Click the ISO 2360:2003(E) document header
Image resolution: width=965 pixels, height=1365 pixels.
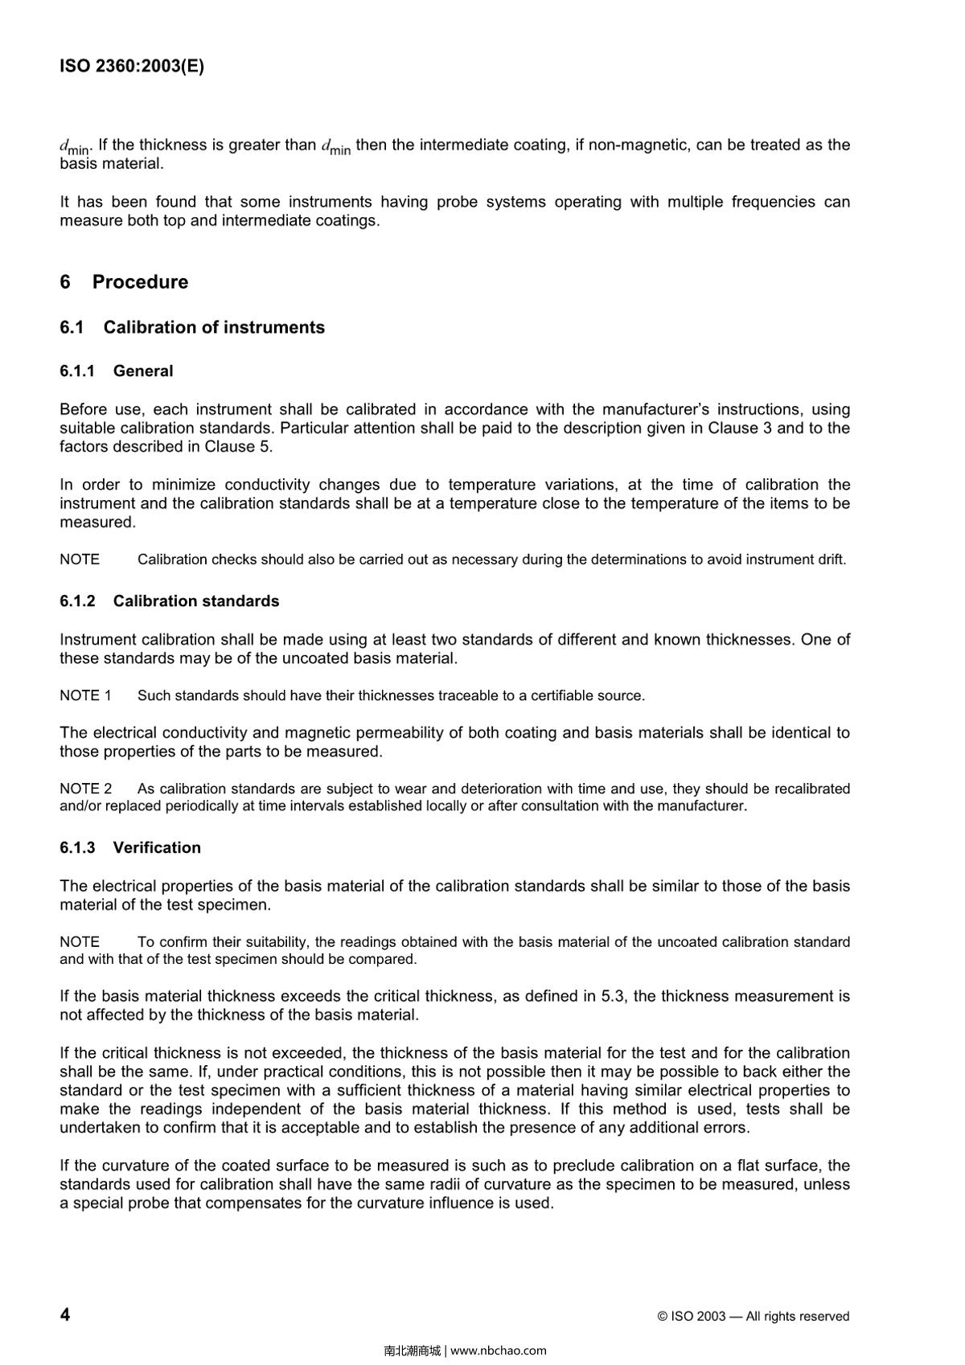pos(132,67)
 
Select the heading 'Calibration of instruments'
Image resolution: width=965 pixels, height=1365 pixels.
pos(214,327)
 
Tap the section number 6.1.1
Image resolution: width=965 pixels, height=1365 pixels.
pos(77,371)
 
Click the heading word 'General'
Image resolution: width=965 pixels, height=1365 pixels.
pos(143,371)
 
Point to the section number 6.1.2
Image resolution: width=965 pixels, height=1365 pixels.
pos(77,601)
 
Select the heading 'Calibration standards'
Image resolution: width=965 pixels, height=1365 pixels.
pos(196,601)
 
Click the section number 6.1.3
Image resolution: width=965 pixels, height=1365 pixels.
pos(77,848)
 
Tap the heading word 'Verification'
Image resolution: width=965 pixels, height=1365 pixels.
pos(157,848)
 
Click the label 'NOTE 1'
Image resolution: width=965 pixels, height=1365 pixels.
pos(85,696)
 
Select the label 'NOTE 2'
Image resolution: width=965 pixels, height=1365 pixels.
pos(85,789)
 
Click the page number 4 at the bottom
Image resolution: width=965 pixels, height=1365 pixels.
pos(65,1314)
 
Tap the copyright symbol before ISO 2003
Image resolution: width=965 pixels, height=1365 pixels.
pos(663,1317)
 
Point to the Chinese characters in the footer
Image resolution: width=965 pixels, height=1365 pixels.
pos(413,1351)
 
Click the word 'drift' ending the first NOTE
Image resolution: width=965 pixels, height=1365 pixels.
pos(830,560)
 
